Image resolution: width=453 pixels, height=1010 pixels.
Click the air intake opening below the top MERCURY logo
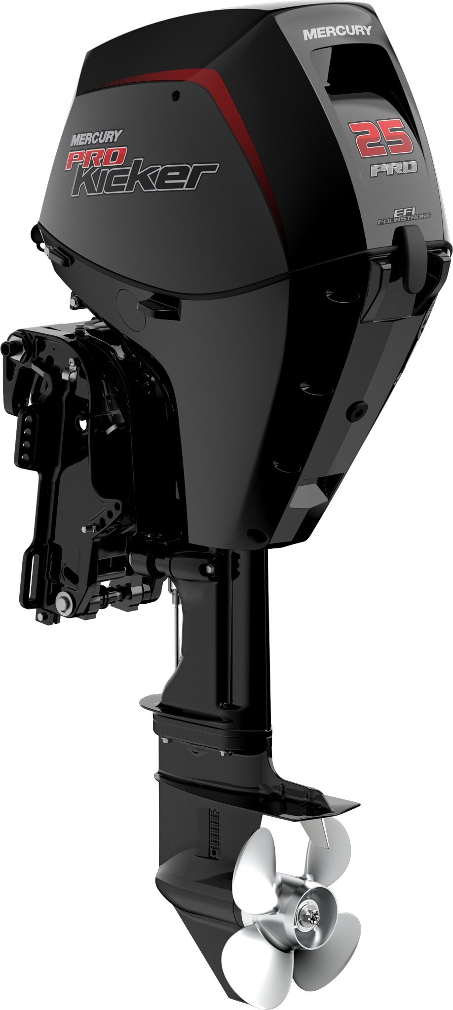(345, 69)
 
